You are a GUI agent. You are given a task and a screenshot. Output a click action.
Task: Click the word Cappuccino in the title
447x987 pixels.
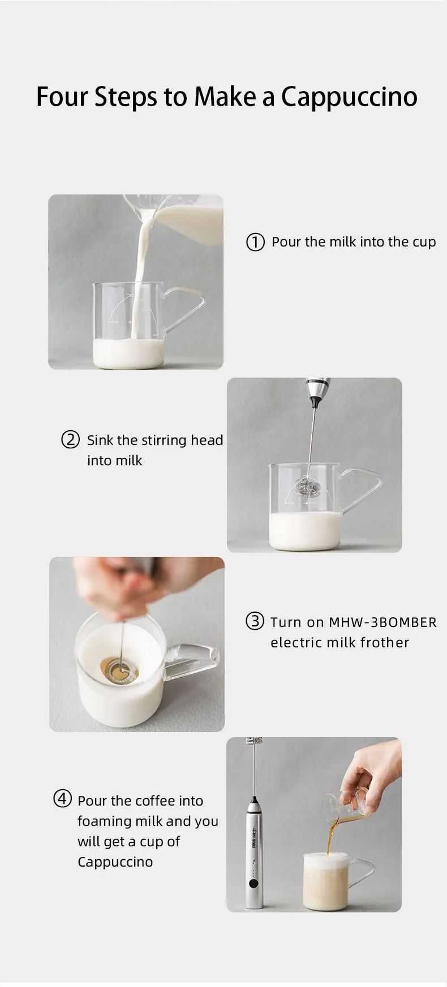click(349, 97)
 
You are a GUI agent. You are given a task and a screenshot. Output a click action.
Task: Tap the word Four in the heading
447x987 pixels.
click(62, 97)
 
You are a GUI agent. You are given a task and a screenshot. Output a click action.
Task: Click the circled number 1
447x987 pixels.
click(255, 242)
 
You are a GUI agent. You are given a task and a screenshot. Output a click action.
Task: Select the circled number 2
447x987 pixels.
click(70, 439)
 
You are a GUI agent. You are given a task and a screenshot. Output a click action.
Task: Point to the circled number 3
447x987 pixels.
click(255, 621)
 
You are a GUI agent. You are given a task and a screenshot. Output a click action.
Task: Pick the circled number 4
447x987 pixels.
click(62, 799)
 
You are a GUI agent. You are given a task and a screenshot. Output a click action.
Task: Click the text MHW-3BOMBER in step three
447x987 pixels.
click(382, 622)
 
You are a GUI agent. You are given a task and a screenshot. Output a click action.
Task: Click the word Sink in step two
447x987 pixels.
click(100, 440)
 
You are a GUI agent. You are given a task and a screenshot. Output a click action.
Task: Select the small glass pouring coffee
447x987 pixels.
click(346, 809)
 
